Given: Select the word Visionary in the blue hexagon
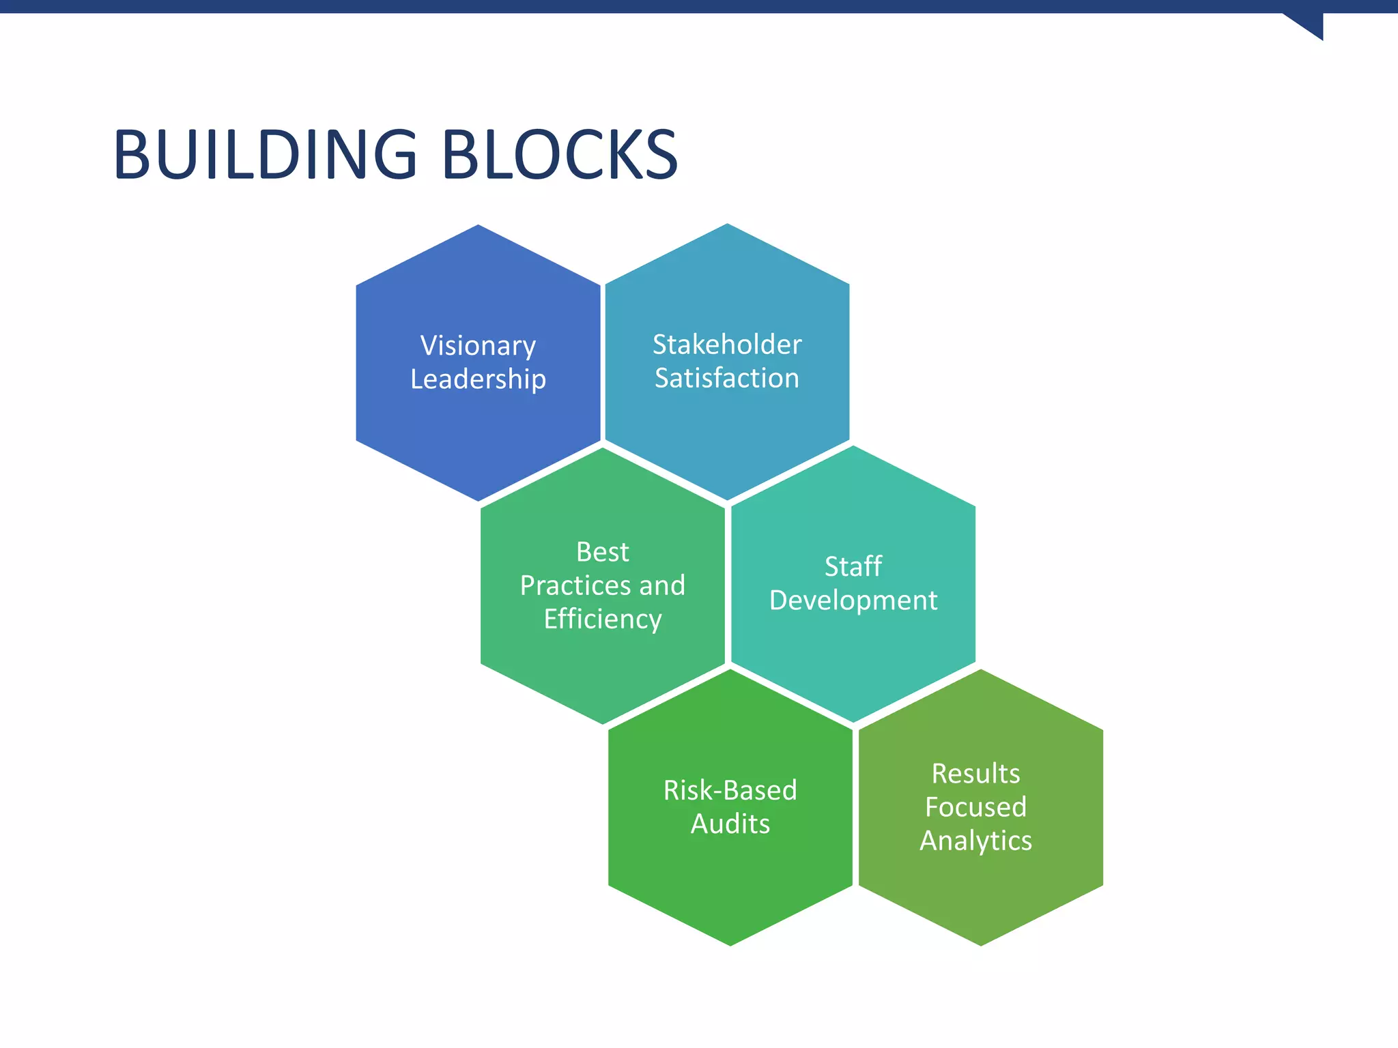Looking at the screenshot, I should pyautogui.click(x=478, y=346).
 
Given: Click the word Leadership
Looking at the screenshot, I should pyautogui.click(x=478, y=379).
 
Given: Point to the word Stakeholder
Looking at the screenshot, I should pyautogui.click(x=727, y=345).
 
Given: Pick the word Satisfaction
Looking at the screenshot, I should pyautogui.click(x=727, y=378).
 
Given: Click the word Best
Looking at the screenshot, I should pyautogui.click(x=602, y=552).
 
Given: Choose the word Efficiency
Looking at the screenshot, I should pyautogui.click(x=602, y=620).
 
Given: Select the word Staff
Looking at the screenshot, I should pyautogui.click(x=853, y=567).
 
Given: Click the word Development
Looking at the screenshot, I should pyautogui.click(x=853, y=600).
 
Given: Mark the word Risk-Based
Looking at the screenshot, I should pyautogui.click(x=730, y=791).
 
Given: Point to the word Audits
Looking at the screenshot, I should pyautogui.click(x=730, y=824).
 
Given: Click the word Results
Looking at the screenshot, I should pyautogui.click(x=975, y=774).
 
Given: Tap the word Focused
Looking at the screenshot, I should pyautogui.click(x=975, y=807).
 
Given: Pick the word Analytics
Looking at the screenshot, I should pyautogui.click(x=975, y=841).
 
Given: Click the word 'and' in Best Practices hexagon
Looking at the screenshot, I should pyautogui.click(x=662, y=586).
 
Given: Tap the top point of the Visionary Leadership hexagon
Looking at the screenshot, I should pyautogui.click(x=478, y=227).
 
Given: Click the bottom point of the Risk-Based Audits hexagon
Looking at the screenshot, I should pyautogui.click(x=730, y=943).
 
